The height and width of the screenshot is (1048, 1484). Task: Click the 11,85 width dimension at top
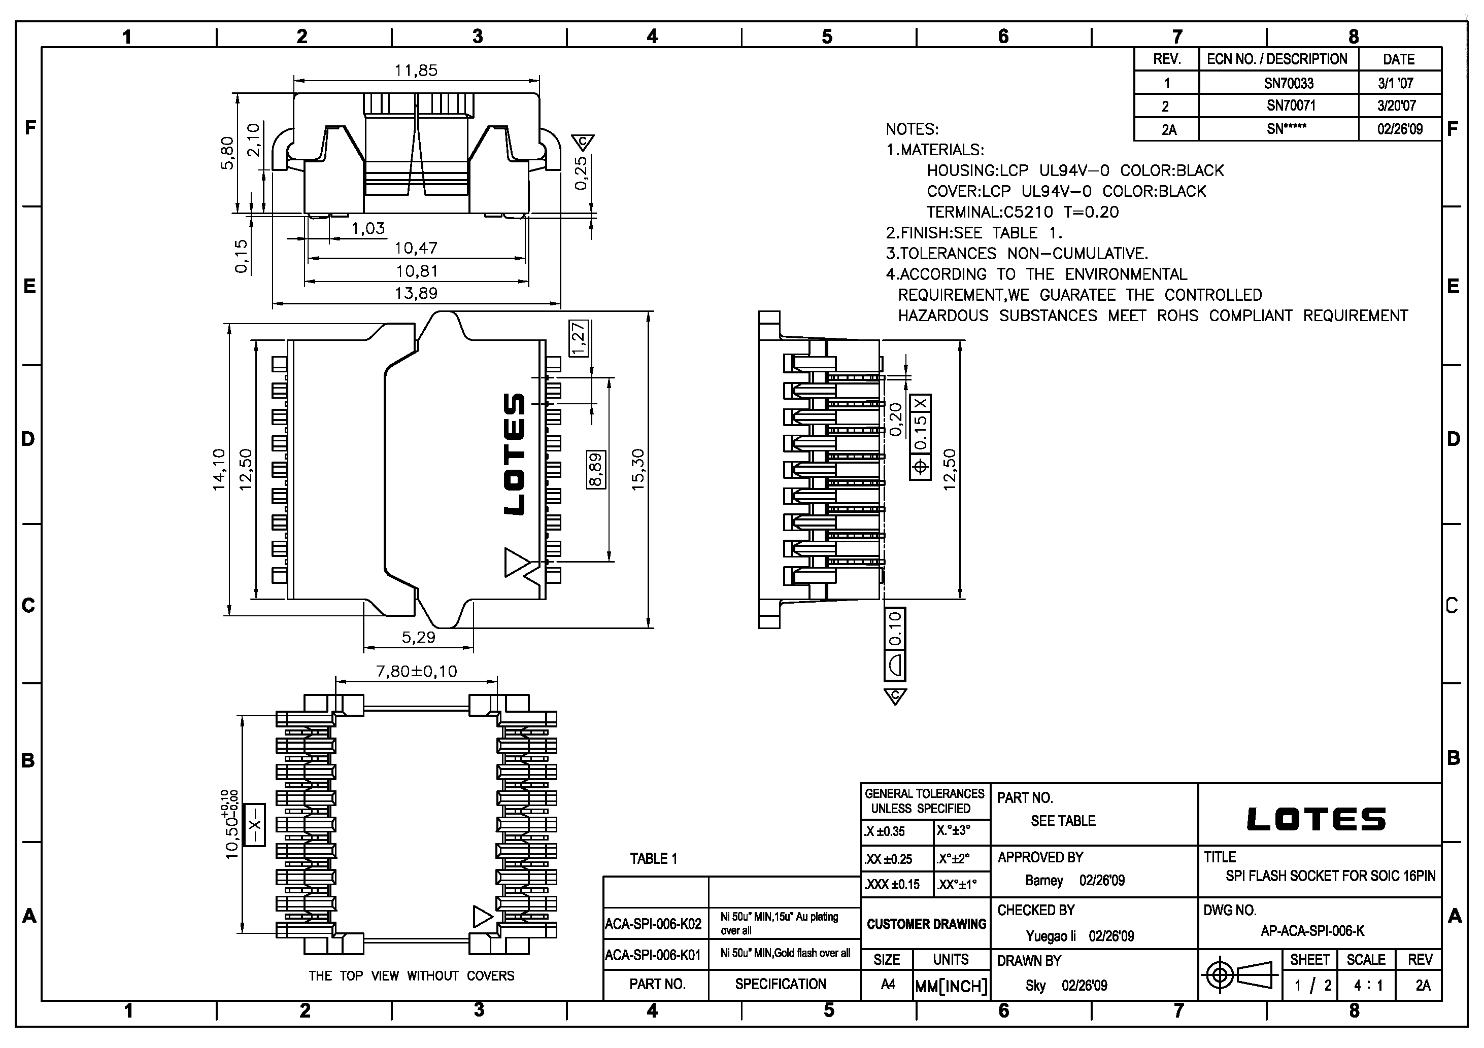pyautogui.click(x=416, y=71)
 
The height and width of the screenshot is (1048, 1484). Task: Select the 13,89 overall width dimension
pyautogui.click(x=416, y=293)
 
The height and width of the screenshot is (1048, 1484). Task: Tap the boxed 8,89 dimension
pyautogui.click(x=596, y=469)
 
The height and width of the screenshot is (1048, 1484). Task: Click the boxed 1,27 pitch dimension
pyautogui.click(x=579, y=338)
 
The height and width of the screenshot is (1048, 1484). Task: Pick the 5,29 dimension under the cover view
pyautogui.click(x=418, y=638)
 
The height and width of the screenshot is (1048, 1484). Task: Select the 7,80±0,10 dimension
pyautogui.click(x=416, y=671)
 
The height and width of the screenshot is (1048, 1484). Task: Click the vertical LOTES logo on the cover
pyautogui.click(x=515, y=453)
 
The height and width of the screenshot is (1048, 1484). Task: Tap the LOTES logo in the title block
pyautogui.click(x=1316, y=819)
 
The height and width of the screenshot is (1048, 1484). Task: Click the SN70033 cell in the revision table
pyautogui.click(x=1289, y=83)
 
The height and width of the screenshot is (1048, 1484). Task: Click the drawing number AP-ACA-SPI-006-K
pyautogui.click(x=1312, y=931)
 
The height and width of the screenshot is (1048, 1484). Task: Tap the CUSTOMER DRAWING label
pyautogui.click(x=926, y=924)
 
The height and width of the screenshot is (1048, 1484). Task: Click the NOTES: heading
pyautogui.click(x=912, y=129)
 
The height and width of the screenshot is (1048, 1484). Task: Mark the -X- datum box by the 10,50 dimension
pyautogui.click(x=255, y=825)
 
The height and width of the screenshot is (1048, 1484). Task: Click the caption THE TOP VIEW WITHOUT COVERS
pyautogui.click(x=411, y=975)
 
